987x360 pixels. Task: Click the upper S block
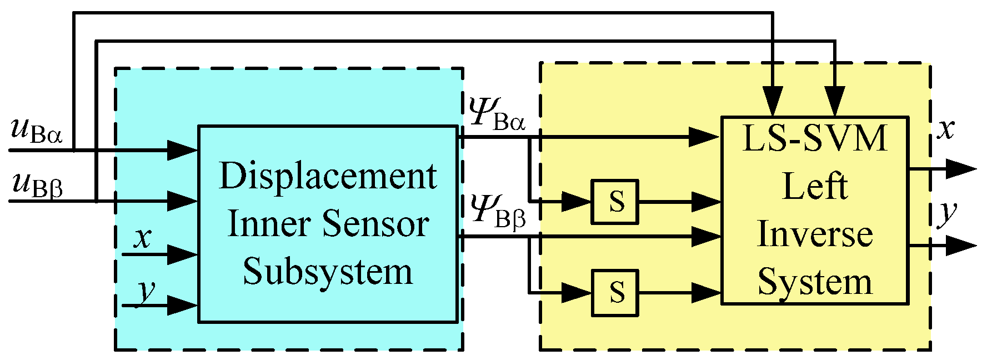click(614, 202)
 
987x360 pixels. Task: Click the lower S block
click(614, 292)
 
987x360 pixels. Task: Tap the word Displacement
click(328, 177)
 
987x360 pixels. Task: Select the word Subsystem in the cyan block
click(328, 272)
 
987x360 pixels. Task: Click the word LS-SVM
click(815, 139)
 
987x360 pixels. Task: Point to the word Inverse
click(815, 234)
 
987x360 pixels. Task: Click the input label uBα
click(37, 132)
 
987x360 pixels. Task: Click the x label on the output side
click(945, 129)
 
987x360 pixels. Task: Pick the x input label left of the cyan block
click(143, 238)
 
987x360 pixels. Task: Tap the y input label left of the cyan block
click(146, 290)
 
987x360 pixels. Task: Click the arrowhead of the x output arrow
click(960, 169)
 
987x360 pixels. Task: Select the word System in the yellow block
click(815, 282)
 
